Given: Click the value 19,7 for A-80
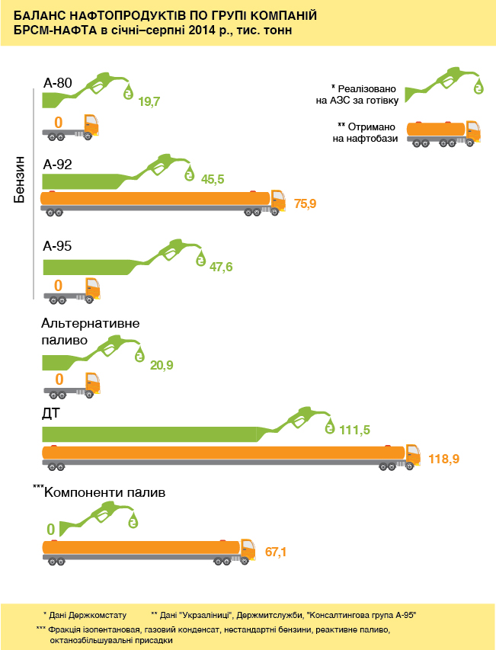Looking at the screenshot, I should pos(149,101).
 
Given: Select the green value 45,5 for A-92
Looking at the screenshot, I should pos(212,180).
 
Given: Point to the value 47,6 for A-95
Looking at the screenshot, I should pos(221,267).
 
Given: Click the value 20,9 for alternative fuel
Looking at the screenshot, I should pos(162,366).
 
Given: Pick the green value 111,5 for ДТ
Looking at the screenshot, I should pos(354,431).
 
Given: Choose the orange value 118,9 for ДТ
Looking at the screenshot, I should pos(443,459).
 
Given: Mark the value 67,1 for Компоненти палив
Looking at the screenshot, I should pos(274,551).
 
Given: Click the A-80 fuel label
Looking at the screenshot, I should pos(57,82).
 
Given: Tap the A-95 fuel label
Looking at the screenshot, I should pos(57,247).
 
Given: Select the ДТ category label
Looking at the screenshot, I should pos(51,414).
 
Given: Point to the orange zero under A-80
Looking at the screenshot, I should pos(59,122).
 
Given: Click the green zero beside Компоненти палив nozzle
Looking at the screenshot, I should pos(51,529).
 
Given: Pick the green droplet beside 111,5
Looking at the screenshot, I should pos(329,425).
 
